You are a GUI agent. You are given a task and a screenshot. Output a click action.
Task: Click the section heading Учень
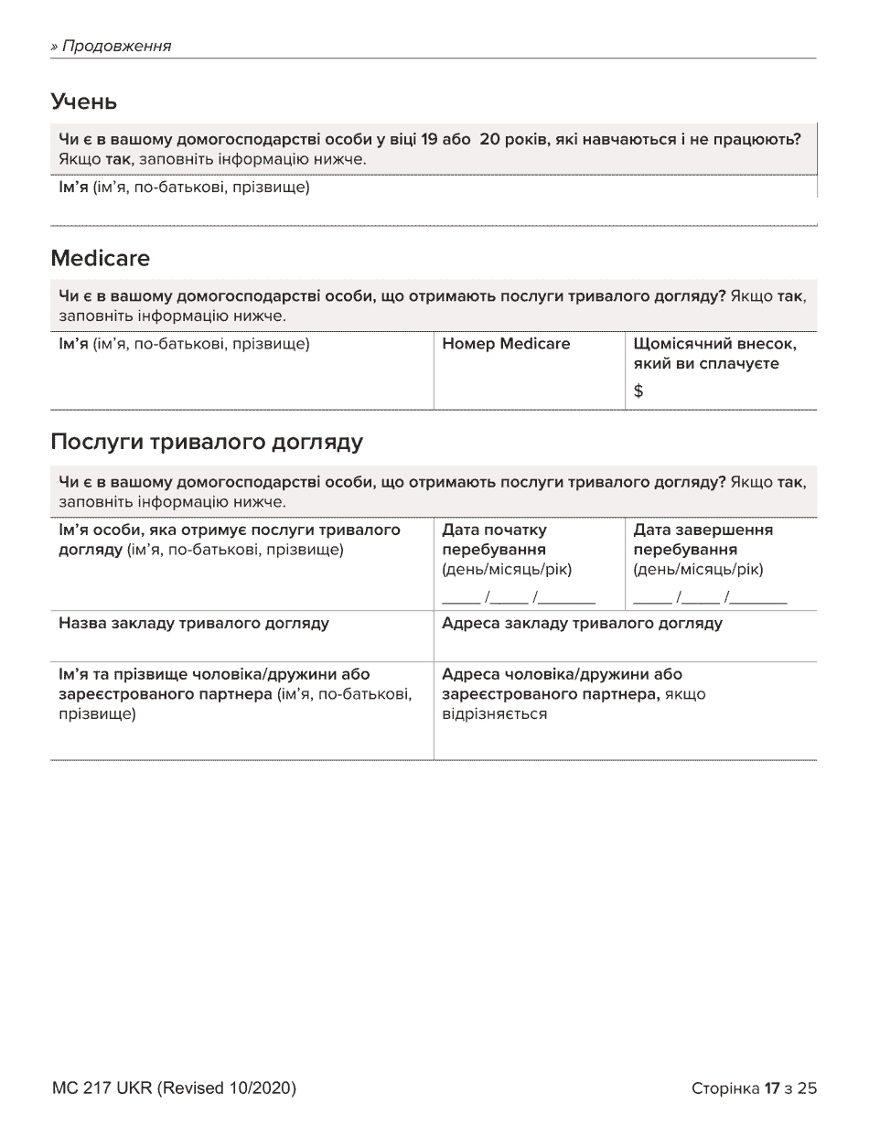pos(84,102)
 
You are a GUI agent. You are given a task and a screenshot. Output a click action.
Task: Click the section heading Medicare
pos(101,259)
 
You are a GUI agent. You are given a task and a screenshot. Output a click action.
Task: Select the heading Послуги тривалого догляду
pos(207,443)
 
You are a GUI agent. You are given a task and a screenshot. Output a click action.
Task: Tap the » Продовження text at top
pos(112,46)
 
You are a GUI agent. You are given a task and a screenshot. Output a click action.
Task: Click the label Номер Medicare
pos(505,344)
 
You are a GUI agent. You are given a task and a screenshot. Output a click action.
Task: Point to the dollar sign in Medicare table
pos(638,391)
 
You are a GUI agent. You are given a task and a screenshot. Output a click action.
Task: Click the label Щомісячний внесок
pos(714,344)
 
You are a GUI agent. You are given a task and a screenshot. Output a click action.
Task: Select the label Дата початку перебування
pos(494,540)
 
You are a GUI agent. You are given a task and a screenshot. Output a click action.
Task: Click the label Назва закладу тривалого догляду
pos(194,624)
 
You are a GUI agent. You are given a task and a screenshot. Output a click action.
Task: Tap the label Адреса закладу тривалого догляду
pos(582,624)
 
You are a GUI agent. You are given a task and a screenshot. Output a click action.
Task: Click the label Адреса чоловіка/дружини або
pos(562,675)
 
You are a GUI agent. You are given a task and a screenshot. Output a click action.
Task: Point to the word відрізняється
pos(494,713)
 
